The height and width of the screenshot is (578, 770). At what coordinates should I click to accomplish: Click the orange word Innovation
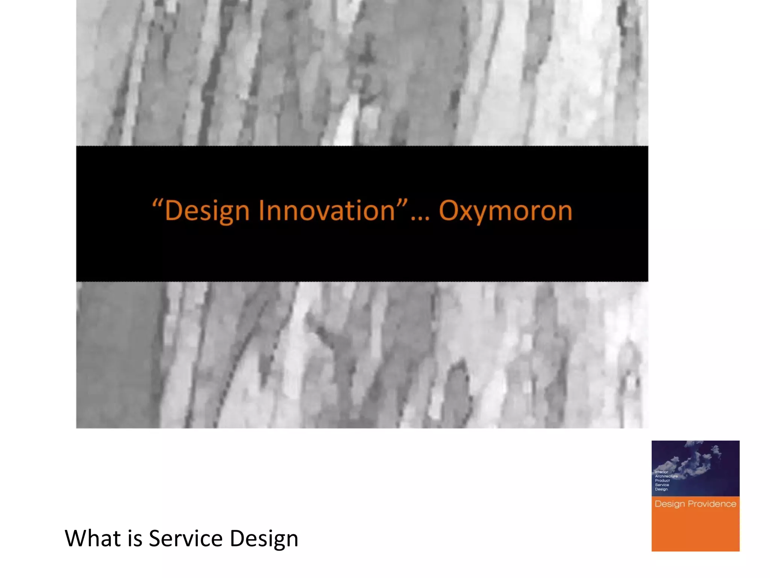(326, 210)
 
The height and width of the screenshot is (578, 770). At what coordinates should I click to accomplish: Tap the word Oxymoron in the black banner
(505, 211)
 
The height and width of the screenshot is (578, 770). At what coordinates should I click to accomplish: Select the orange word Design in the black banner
(207, 211)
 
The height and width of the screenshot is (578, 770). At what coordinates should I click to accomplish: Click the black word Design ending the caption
(264, 538)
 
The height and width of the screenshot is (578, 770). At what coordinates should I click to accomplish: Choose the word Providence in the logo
(712, 504)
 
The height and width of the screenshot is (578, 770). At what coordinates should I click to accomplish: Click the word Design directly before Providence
(670, 504)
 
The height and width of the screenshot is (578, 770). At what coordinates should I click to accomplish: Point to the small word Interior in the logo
(661, 472)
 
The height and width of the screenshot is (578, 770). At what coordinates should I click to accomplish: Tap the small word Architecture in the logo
(666, 476)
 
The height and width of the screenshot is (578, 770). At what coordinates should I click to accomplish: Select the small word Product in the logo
(662, 481)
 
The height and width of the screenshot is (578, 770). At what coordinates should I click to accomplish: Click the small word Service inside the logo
(662, 485)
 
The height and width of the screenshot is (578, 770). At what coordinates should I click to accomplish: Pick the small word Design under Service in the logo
(661, 489)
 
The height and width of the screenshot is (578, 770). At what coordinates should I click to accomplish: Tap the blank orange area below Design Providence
(696, 532)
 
